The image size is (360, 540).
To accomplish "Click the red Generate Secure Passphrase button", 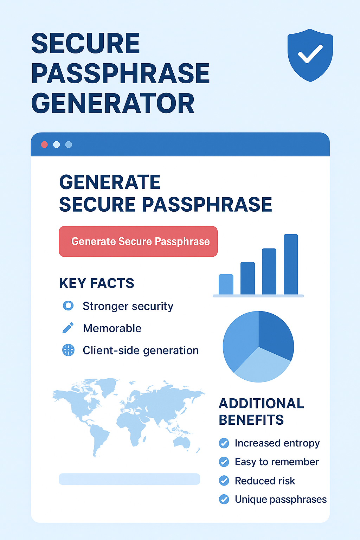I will point(138,242).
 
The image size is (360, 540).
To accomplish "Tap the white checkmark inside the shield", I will point(310,54).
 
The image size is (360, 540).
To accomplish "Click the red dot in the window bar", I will point(44,144).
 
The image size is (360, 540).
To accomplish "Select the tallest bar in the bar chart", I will point(291,264).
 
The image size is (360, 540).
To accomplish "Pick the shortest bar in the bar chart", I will point(226,284).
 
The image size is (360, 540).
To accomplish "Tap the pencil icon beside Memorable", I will point(68,328).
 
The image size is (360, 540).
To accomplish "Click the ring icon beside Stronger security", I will point(68,306).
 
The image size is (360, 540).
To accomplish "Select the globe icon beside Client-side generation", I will point(68,350).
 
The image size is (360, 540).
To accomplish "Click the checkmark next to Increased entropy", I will point(224,443).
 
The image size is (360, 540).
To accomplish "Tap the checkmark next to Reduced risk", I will point(224,481).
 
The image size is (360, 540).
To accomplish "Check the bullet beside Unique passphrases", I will point(224,499).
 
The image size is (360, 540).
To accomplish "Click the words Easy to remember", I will point(277,462).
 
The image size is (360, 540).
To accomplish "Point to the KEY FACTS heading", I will point(97,283).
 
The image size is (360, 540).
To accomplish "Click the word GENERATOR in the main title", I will point(113,103).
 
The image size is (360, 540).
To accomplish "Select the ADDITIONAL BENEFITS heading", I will point(261,412).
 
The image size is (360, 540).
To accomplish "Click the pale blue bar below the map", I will point(129,479).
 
